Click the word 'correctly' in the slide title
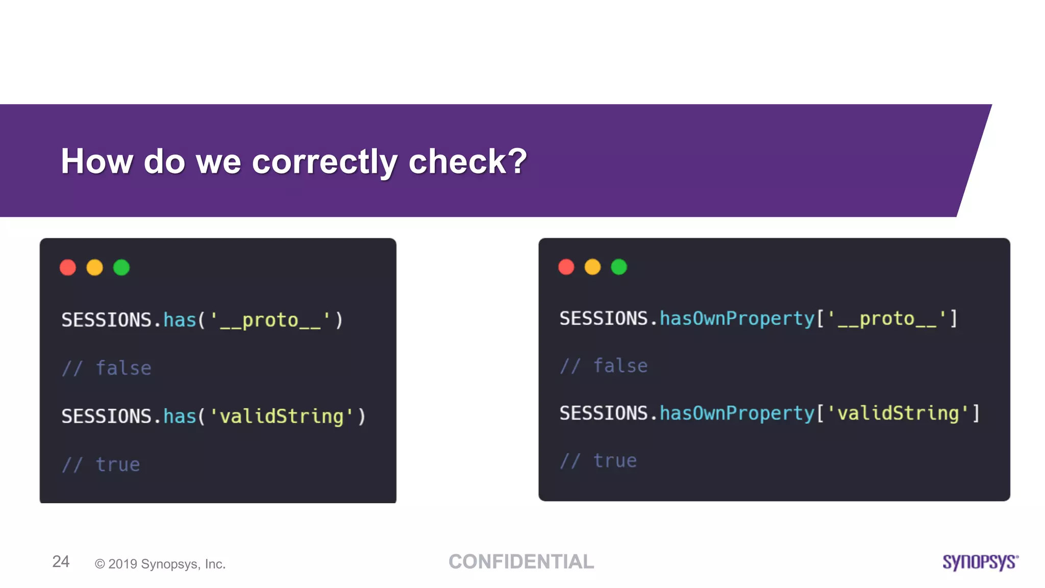point(324,162)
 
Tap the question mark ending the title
point(517,161)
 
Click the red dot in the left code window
point(68,267)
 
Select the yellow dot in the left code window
point(94,267)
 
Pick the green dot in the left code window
point(121,267)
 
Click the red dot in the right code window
point(566,267)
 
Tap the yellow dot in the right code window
point(592,267)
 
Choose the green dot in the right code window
point(619,267)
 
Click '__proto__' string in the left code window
point(270,321)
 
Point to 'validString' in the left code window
point(281,416)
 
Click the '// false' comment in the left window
point(107,368)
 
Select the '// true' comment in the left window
point(101,464)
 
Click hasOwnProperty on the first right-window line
point(737,319)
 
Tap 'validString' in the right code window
point(898,413)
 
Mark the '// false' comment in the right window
point(604,366)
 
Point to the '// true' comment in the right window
point(599,461)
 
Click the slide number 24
point(61,561)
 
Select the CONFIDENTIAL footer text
point(521,561)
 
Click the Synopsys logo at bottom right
point(980,562)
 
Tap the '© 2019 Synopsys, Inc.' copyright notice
point(160,564)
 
